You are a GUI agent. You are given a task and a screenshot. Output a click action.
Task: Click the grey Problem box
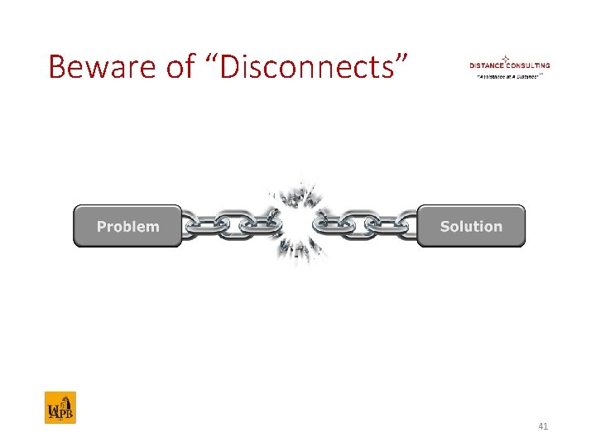click(127, 226)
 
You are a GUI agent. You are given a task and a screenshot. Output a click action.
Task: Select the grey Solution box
click(471, 226)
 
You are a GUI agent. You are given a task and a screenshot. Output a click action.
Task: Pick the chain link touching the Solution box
click(405, 224)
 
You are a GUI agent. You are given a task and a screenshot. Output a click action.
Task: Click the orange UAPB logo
click(60, 407)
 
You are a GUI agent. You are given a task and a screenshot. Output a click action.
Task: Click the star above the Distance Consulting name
click(505, 57)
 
